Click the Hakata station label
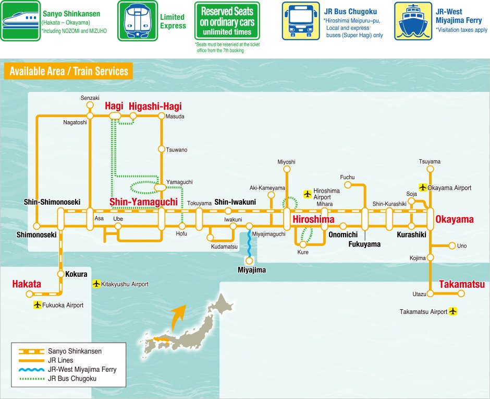(27, 284)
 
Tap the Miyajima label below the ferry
(252, 270)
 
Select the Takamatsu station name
(462, 285)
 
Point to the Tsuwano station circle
(162, 149)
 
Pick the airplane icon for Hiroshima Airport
(307, 194)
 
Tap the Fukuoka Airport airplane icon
(37, 305)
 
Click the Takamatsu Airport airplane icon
(452, 311)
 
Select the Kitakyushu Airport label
(125, 284)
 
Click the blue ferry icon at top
(413, 21)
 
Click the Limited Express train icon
(137, 21)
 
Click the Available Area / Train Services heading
(69, 71)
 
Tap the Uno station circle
(452, 246)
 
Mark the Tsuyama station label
(430, 161)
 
